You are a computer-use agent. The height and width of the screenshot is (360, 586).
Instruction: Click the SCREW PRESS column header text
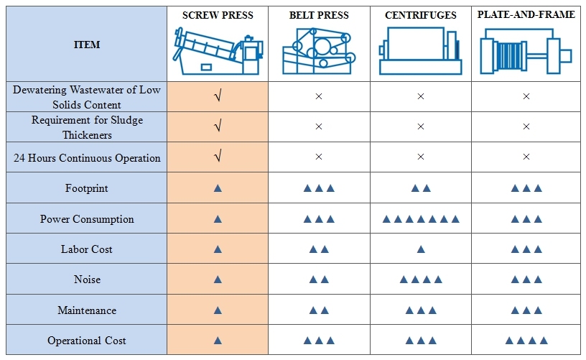[218, 16]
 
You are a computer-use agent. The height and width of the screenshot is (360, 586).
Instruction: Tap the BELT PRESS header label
[319, 16]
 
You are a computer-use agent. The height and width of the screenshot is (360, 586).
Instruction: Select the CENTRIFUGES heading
[421, 16]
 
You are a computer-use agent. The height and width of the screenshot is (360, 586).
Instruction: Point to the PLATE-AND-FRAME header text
[526, 14]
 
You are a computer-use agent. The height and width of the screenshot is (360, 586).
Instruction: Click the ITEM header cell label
[87, 45]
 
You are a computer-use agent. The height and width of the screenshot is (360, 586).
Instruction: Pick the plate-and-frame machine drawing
[526, 52]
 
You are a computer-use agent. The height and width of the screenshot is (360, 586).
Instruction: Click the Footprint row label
[87, 188]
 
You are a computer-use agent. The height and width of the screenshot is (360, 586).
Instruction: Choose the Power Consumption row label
[87, 219]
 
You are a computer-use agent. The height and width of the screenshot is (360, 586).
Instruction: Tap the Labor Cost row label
[87, 249]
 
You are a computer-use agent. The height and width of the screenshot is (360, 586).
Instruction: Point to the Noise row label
[87, 280]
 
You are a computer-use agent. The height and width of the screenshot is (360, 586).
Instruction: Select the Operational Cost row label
[87, 341]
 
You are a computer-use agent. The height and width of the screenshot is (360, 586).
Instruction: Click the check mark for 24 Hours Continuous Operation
[218, 157]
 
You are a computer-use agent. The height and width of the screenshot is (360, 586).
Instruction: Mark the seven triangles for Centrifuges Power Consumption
[421, 219]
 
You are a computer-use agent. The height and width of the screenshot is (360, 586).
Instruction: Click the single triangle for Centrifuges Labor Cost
[421, 249]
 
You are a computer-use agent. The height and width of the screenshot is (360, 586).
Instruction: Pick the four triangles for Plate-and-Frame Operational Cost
[526, 341]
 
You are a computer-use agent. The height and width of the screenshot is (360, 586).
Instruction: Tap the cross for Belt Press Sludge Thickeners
[319, 126]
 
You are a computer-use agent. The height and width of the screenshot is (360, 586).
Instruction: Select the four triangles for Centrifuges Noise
[421, 280]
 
